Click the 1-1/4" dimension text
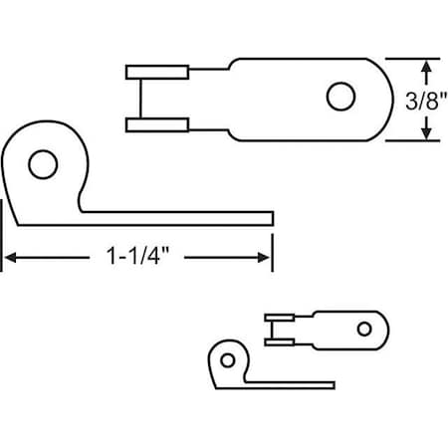138,257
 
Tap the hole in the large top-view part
340,97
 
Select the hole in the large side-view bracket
41,163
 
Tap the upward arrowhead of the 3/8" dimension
427,67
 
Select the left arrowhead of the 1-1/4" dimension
10,257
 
